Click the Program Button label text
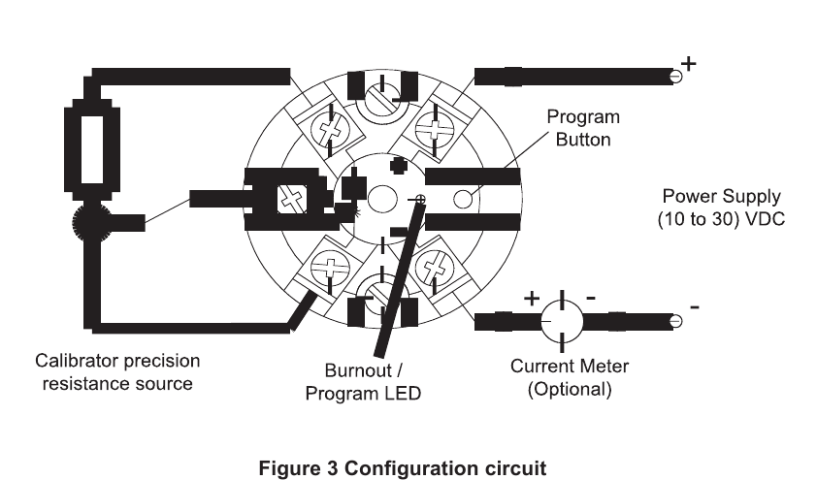[582, 128]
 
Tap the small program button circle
[464, 200]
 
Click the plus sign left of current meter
[532, 298]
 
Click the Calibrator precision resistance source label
[117, 372]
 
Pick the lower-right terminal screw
[431, 268]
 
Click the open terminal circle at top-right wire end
[675, 76]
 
